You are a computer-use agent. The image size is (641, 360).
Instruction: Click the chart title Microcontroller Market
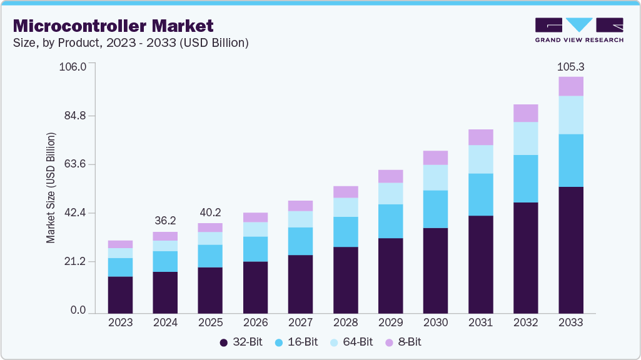pos(113,26)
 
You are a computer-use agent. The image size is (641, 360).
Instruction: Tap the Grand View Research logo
pos(579,30)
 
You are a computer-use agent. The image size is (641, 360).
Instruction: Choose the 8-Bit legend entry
pos(406,342)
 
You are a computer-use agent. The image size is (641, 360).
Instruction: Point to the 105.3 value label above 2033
pos(570,67)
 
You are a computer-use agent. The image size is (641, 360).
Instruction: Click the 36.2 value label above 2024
pos(165,221)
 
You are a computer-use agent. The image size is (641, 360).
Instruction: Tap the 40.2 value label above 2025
pos(210,212)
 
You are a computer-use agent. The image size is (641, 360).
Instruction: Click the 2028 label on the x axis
pos(345,322)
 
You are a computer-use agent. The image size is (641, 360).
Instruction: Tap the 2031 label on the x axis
pos(480,322)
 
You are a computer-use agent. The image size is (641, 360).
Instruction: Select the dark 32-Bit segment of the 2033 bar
pos(570,250)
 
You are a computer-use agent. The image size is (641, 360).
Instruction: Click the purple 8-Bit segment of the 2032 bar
pos(525,113)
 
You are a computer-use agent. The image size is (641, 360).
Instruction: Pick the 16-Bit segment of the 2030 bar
pos(435,209)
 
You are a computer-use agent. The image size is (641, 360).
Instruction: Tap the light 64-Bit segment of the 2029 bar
pos(390,193)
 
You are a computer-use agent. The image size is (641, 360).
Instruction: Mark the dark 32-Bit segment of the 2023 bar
pos(120,294)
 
